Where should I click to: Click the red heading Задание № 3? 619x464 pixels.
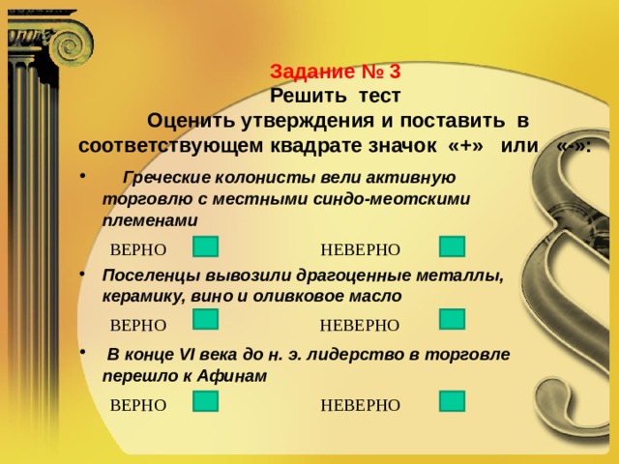click(x=336, y=72)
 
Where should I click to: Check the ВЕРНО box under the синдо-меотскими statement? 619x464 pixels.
click(x=205, y=246)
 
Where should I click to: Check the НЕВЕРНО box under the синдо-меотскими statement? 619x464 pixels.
click(x=452, y=246)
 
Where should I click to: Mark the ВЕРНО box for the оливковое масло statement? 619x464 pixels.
click(x=205, y=319)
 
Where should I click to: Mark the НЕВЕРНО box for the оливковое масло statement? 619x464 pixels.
click(x=452, y=319)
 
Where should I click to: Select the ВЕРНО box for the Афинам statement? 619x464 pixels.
click(x=205, y=401)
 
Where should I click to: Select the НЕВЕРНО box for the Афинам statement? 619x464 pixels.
click(x=452, y=401)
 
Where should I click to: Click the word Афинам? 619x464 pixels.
click(x=232, y=376)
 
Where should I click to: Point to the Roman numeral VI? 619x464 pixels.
click(x=187, y=355)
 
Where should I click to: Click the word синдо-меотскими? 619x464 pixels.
click(x=392, y=199)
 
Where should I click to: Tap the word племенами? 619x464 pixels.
click(x=150, y=221)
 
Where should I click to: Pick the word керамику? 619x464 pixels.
click(x=144, y=297)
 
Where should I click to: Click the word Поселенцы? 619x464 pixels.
click(x=151, y=275)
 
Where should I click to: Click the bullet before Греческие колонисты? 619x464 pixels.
click(x=82, y=176)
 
